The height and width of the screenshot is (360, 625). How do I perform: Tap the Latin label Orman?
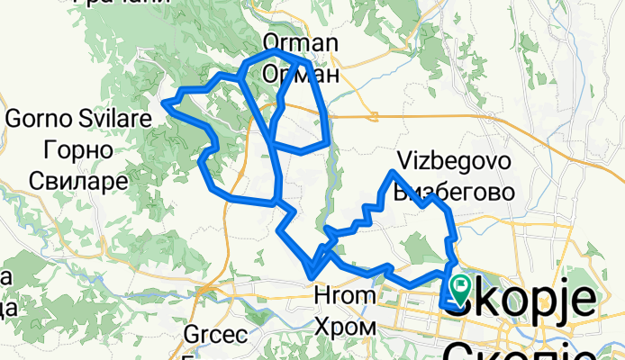pos(300,43)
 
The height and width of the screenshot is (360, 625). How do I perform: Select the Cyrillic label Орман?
pos(300,75)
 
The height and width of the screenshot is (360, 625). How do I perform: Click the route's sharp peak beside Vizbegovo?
pos(394,172)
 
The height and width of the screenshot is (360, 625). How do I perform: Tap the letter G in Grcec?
pos(190,335)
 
